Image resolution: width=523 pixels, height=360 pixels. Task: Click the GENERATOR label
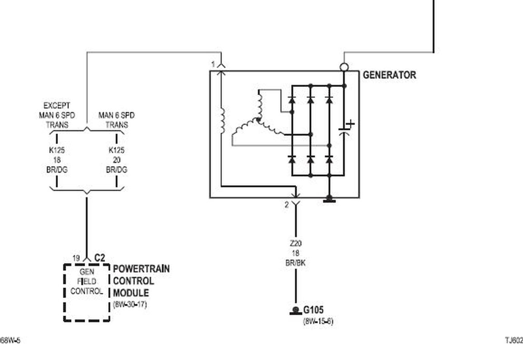(x=389, y=75)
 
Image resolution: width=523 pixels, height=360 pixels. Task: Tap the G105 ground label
(x=313, y=311)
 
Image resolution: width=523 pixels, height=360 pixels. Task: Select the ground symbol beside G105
(x=296, y=311)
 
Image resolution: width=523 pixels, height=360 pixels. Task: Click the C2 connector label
(x=100, y=258)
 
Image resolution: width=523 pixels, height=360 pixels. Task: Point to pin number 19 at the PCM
(x=76, y=258)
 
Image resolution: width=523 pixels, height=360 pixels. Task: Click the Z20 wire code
(x=296, y=243)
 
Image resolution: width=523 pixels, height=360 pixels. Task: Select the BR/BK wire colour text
(x=296, y=262)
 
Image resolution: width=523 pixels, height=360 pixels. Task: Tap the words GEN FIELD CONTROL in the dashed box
(x=86, y=281)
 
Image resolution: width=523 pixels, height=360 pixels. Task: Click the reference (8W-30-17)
(x=130, y=304)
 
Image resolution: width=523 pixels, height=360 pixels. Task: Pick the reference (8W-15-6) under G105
(x=318, y=321)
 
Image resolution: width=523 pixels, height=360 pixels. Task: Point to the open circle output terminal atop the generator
(x=344, y=67)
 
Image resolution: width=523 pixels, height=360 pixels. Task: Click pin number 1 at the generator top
(x=213, y=64)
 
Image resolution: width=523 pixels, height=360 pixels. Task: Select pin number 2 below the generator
(x=286, y=205)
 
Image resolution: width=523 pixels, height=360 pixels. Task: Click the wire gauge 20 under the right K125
(x=117, y=160)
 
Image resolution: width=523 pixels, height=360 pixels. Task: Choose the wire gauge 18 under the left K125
(x=57, y=160)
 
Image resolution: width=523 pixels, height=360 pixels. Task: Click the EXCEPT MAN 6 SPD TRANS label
(x=57, y=115)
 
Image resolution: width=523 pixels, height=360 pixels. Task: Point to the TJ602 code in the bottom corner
(x=514, y=340)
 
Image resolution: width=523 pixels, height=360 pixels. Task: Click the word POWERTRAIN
(x=141, y=269)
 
